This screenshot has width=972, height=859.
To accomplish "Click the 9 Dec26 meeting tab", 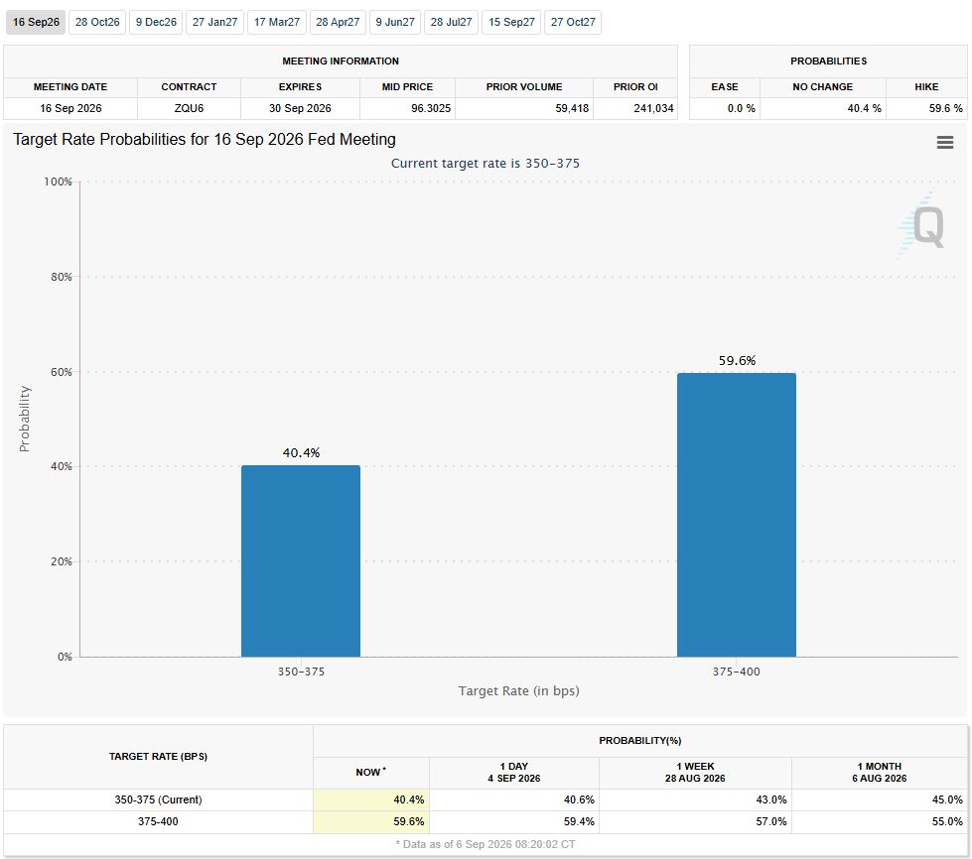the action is coord(156,22).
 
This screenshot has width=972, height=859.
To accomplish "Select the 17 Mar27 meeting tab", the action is coord(276,22).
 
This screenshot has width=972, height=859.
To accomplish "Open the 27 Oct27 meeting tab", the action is coord(573,22).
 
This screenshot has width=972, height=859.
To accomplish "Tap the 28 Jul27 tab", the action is coord(452,22).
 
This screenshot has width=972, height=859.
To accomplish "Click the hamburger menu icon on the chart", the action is coord(945,143).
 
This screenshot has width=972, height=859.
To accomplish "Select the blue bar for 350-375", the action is coord(301,561).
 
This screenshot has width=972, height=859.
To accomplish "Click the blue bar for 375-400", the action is coord(737,515).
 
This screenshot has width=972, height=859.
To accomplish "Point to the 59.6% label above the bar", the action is coord(737,360).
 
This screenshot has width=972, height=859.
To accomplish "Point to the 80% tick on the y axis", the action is coord(62,277).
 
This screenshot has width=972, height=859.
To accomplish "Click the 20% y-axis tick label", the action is coord(62,561).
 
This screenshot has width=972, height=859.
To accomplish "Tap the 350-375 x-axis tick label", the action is coord(301,672).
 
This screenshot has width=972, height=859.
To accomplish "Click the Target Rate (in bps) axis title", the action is coord(519,690).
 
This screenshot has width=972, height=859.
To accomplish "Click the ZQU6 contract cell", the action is coord(189,108).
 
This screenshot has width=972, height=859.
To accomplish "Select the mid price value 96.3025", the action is coord(431,108).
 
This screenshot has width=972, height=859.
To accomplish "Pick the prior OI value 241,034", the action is coord(653,108).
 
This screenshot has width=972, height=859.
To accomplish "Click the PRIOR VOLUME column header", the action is coord(524,86).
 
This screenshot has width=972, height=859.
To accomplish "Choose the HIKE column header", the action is coord(926,86).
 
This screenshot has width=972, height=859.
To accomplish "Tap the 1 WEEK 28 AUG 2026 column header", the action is coord(695,773).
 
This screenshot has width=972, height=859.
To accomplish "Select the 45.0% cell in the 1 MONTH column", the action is coord(947,799).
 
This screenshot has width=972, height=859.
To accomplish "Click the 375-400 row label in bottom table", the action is coord(158,822).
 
